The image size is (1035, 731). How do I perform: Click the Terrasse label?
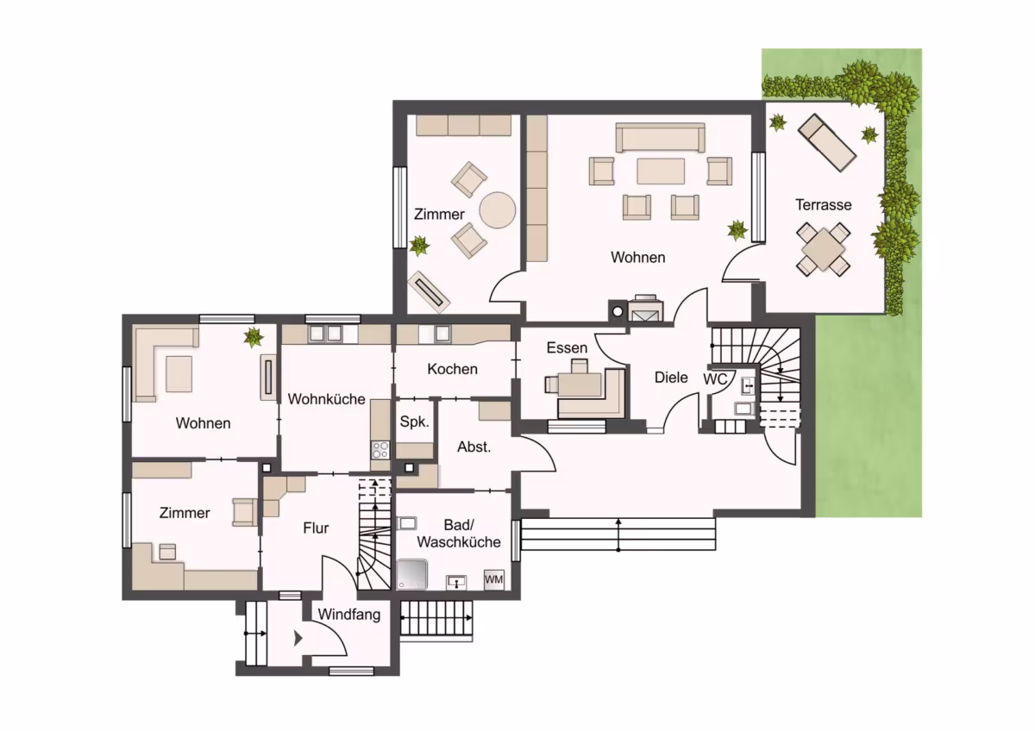click(824, 204)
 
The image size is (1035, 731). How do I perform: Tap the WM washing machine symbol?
click(494, 579)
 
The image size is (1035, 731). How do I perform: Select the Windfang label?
click(348, 615)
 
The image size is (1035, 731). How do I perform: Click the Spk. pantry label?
click(415, 422)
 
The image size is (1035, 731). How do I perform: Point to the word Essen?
click(567, 347)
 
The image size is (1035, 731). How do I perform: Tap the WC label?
click(715, 379)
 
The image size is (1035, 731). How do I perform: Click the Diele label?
click(671, 378)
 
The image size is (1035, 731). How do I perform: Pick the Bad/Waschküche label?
click(459, 534)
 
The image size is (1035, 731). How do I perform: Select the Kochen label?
click(452, 369)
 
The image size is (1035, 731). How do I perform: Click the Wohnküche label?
click(326, 399)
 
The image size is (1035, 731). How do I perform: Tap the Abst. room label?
click(474, 447)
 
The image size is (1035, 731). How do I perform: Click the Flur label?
click(316, 528)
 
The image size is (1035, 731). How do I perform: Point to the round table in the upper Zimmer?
click(497, 210)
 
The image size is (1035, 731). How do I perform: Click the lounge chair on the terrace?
click(827, 143)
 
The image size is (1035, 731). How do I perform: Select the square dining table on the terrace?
click(824, 250)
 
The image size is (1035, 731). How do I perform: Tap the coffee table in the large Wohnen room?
click(661, 172)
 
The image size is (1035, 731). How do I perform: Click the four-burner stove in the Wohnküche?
click(380, 450)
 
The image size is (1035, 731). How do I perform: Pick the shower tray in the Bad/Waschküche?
click(411, 575)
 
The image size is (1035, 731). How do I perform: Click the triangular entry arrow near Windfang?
click(298, 639)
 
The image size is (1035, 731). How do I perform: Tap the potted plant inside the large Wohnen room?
click(737, 230)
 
